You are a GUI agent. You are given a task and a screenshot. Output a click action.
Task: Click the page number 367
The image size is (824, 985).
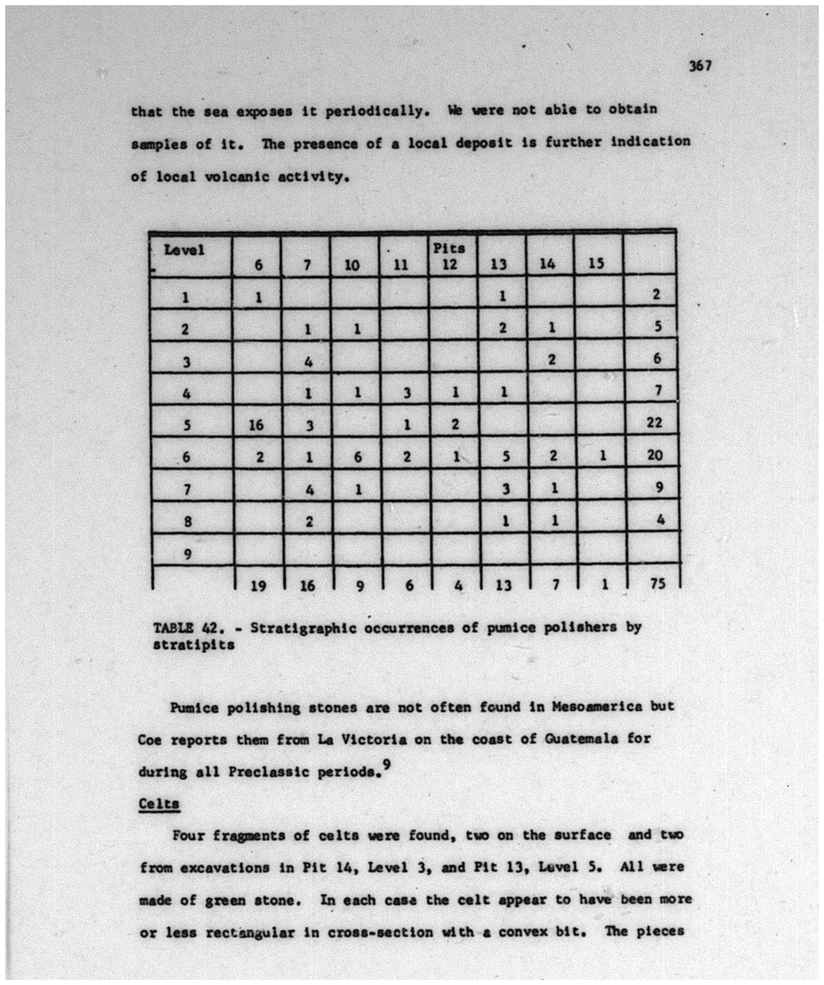click(x=700, y=66)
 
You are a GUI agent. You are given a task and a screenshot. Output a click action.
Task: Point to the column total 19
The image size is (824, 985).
click(x=258, y=586)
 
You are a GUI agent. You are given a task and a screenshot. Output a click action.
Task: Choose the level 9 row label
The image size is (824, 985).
click(x=187, y=554)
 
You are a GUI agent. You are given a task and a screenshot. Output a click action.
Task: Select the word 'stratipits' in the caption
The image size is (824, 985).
click(x=194, y=645)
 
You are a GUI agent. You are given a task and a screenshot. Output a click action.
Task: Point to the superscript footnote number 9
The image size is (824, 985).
click(x=386, y=765)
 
